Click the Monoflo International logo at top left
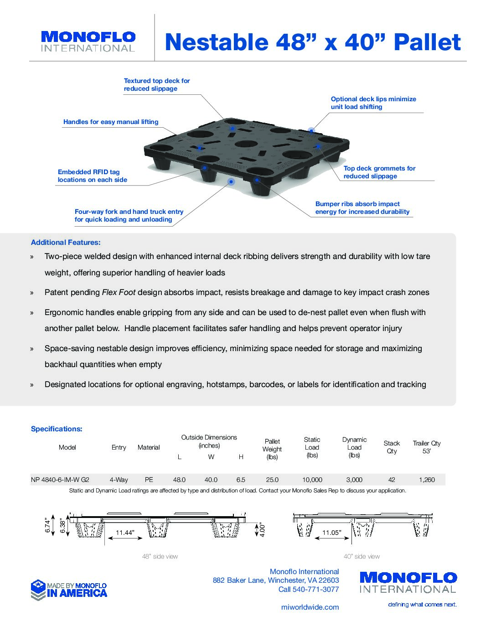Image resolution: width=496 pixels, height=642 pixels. click(88, 41)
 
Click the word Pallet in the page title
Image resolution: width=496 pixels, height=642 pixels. click(427, 42)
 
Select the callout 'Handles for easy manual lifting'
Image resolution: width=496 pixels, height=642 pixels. click(111, 122)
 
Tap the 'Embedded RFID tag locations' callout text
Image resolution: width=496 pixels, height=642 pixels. click(92, 176)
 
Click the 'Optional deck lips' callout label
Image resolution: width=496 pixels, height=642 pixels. click(373, 103)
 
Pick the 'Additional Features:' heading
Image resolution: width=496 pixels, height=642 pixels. click(66, 243)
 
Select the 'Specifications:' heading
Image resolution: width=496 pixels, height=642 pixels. click(57, 429)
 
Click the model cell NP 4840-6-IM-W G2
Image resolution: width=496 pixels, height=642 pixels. click(60, 480)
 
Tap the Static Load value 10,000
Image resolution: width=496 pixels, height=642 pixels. click(312, 480)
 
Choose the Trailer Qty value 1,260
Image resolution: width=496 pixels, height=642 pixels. click(427, 480)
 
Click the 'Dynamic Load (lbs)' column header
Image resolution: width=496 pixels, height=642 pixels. click(354, 447)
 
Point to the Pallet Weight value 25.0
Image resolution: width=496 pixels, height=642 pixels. click(272, 480)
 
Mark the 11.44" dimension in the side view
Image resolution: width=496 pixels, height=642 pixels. click(124, 533)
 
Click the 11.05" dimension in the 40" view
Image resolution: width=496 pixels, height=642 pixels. click(331, 533)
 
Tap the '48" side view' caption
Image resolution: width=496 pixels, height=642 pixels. click(160, 556)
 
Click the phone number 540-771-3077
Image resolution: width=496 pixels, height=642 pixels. click(315, 589)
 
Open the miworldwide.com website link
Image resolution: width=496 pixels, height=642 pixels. click(310, 607)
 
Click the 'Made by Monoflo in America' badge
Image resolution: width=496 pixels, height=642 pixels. click(69, 590)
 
